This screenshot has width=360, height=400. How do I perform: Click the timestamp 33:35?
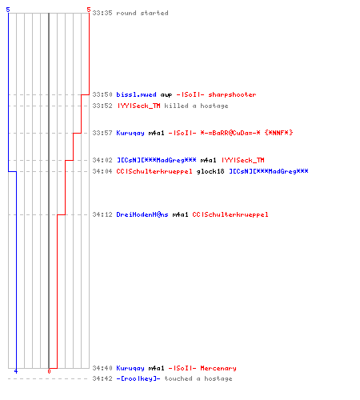coord(102,13)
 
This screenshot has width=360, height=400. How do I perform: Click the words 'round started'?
coord(142,13)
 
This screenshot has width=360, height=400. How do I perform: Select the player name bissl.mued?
coord(136,94)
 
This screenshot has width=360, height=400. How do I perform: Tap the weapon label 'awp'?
coord(166,95)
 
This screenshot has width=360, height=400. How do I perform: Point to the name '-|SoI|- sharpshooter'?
coord(216,94)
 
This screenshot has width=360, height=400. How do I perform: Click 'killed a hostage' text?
coord(196,106)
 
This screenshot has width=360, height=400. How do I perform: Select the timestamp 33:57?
coord(102,133)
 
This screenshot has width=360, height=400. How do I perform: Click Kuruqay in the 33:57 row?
coord(130,133)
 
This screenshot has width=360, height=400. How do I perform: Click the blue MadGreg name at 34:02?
coord(157,160)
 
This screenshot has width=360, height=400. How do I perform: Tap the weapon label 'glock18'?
coord(210,171)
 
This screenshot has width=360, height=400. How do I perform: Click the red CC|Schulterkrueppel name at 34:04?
coord(154,171)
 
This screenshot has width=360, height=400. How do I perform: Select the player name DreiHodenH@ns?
coord(142,214)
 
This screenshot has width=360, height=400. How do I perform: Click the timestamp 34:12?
coord(102,214)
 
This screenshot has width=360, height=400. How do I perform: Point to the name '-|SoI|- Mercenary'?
coord(202,368)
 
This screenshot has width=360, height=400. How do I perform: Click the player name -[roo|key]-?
coord(138,378)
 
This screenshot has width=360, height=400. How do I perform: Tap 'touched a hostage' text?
coord(198,378)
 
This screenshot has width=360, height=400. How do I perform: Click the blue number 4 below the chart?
coord(16,371)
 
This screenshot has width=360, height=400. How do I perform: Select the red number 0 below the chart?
coord(49,371)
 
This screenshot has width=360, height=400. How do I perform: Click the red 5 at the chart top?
coord(89,10)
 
